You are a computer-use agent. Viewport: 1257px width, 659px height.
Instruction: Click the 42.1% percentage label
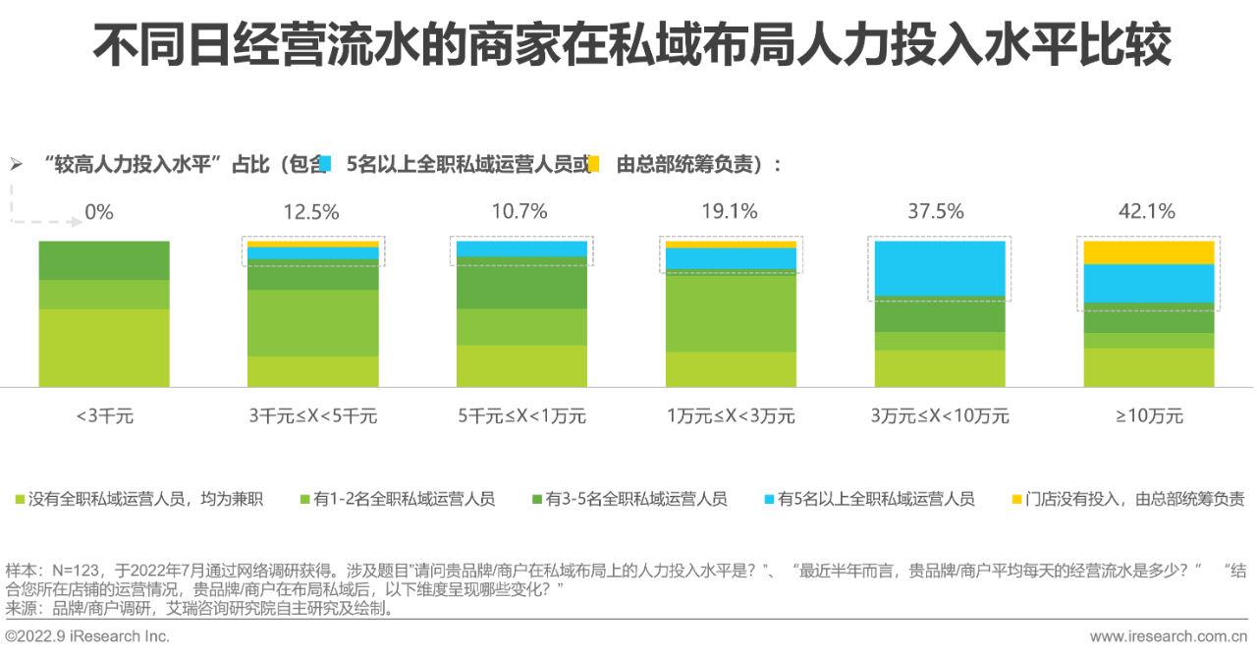[1148, 211]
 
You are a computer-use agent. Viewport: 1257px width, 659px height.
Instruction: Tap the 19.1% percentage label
[731, 211]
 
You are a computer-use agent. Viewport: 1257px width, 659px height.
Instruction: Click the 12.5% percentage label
[311, 211]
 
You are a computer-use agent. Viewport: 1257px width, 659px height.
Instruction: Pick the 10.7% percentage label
[519, 211]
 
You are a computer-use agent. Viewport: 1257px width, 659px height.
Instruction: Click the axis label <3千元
[104, 415]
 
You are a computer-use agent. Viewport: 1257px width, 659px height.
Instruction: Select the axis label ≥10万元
[1148, 415]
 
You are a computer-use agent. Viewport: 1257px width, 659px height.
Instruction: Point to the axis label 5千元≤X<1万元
[521, 415]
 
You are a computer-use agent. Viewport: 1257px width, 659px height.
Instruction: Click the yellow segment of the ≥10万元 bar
[1148, 252]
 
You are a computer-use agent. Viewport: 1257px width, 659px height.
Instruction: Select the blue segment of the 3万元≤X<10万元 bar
[940, 268]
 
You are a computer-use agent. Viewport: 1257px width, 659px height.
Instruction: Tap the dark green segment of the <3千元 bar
[104, 260]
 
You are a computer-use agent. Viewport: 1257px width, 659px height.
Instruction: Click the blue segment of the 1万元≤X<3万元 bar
[731, 258]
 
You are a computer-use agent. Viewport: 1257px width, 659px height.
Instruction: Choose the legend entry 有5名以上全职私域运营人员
[876, 499]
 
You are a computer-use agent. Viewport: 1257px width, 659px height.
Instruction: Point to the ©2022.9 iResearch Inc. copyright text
[88, 636]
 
